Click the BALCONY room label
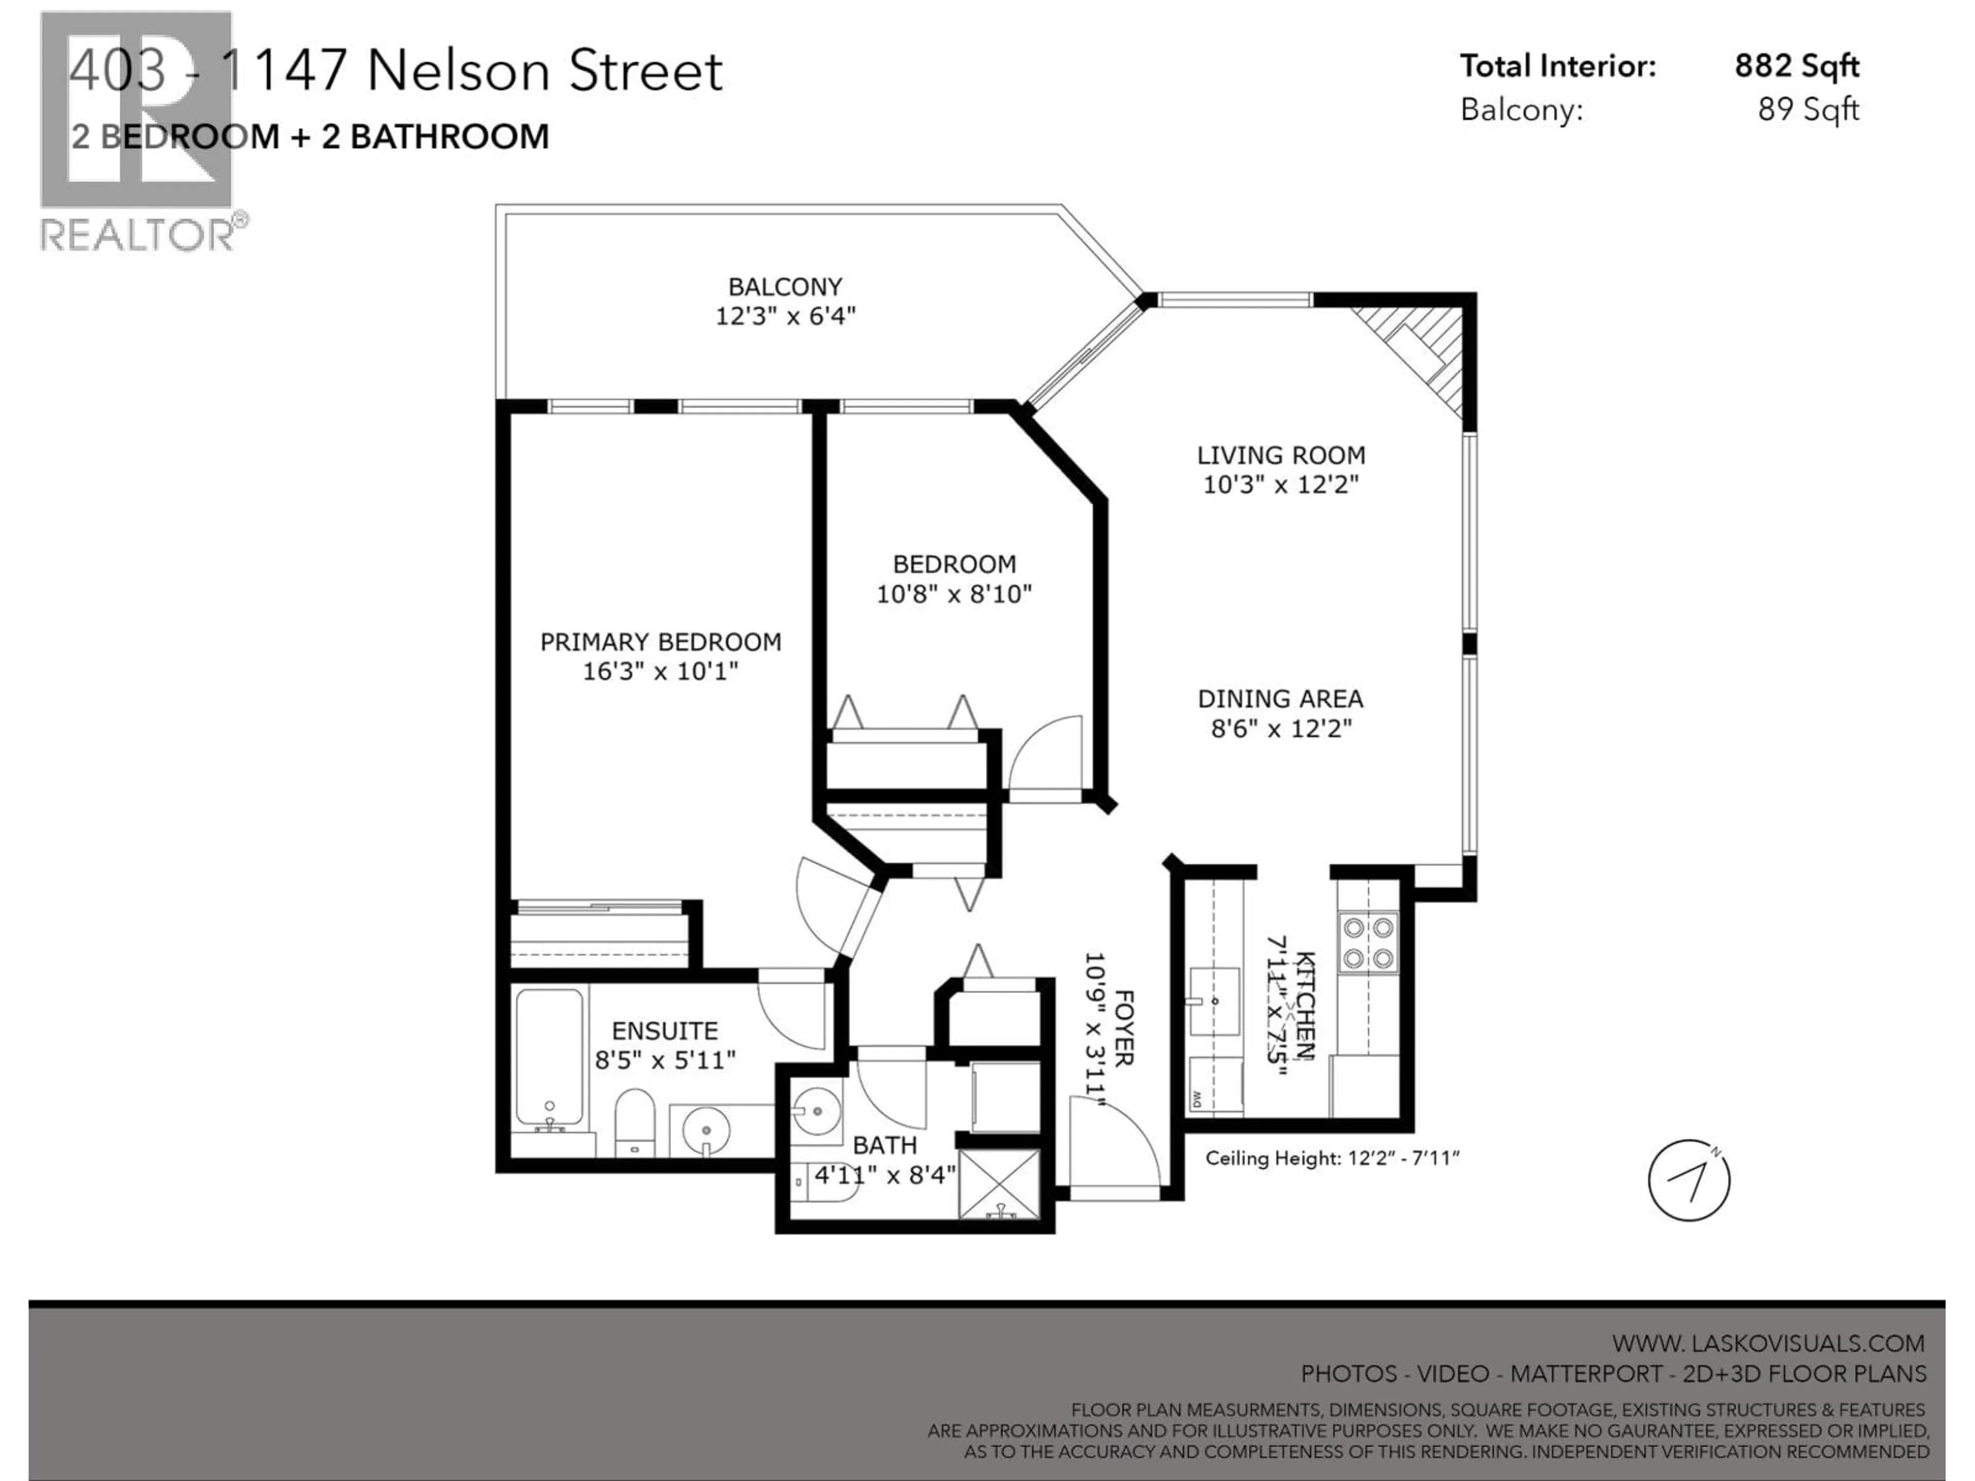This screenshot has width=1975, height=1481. [785, 286]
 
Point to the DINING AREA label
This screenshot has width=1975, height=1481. [1280, 699]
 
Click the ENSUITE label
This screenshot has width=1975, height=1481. [665, 1031]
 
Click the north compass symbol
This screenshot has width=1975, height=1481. [1689, 1180]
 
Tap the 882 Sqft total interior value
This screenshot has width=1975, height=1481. [1797, 66]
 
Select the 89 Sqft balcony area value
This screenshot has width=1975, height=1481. [1808, 110]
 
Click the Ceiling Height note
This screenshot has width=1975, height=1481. [1331, 1159]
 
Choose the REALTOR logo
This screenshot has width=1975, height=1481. [138, 130]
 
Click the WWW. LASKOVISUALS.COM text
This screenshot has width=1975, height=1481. [1768, 1344]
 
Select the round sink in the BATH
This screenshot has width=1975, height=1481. [816, 1111]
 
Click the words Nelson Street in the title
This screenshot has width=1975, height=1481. [545, 71]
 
